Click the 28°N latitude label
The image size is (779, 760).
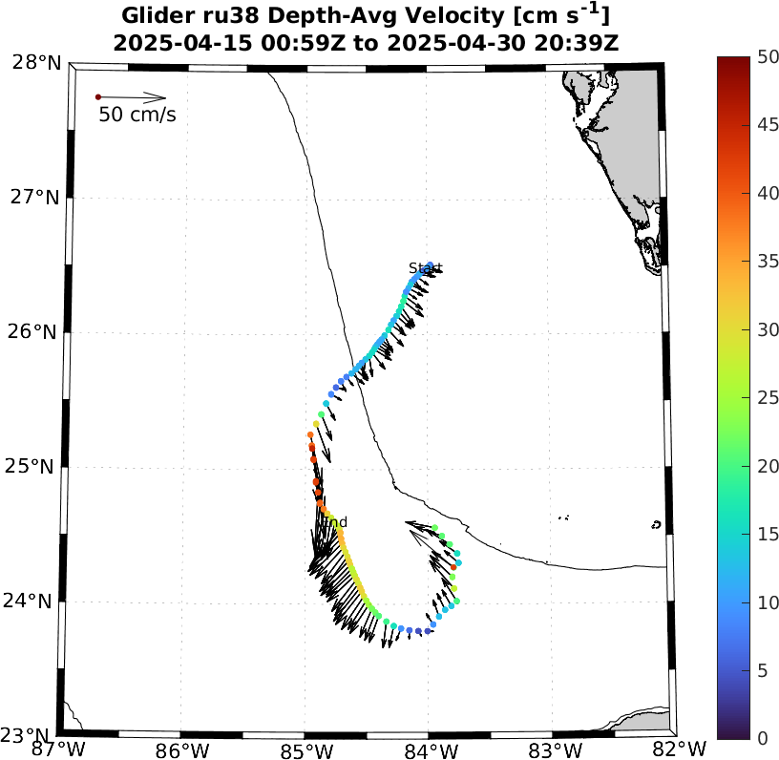click(36, 63)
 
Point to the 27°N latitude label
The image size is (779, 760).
click(36, 198)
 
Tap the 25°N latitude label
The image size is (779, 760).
click(36, 467)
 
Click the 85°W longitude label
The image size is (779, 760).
click(305, 748)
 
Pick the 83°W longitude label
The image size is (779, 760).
click(555, 748)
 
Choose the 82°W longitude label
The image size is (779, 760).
click(679, 748)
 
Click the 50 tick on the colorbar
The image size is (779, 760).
click(767, 57)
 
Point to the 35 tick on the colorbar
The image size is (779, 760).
click(767, 262)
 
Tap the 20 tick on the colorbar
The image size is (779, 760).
click(767, 466)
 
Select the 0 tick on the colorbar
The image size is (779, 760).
click(762, 738)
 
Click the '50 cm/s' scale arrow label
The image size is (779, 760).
click(137, 116)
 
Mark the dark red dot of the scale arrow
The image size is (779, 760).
click(98, 97)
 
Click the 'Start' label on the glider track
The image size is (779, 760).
click(425, 268)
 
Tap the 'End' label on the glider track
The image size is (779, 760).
click(334, 522)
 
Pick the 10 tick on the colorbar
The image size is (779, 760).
click(767, 602)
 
